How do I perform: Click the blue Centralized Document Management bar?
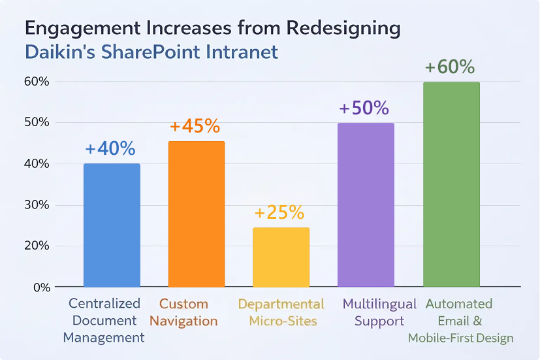pyautogui.click(x=112, y=225)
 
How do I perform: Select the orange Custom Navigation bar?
pyautogui.click(x=197, y=214)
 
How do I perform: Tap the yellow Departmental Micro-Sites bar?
pyautogui.click(x=281, y=257)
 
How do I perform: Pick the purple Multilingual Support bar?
pyautogui.click(x=366, y=205)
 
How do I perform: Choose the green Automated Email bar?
pyautogui.click(x=451, y=185)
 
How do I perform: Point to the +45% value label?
pyautogui.click(x=195, y=127)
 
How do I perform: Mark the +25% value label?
pyautogui.click(x=279, y=213)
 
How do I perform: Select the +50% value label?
pyautogui.click(x=364, y=108)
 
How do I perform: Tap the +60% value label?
pyautogui.click(x=449, y=67)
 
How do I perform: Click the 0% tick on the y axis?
pyautogui.click(x=40, y=287)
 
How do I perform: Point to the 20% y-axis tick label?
pyautogui.click(x=37, y=246)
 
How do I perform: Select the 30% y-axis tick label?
pyautogui.click(x=37, y=205)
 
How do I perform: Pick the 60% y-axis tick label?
pyautogui.click(x=37, y=82)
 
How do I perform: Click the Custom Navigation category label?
pyautogui.click(x=188, y=312)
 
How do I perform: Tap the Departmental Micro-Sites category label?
pyautogui.click(x=281, y=312)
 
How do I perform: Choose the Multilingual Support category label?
pyautogui.click(x=379, y=312)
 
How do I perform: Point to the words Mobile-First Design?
pyautogui.click(x=460, y=338)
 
